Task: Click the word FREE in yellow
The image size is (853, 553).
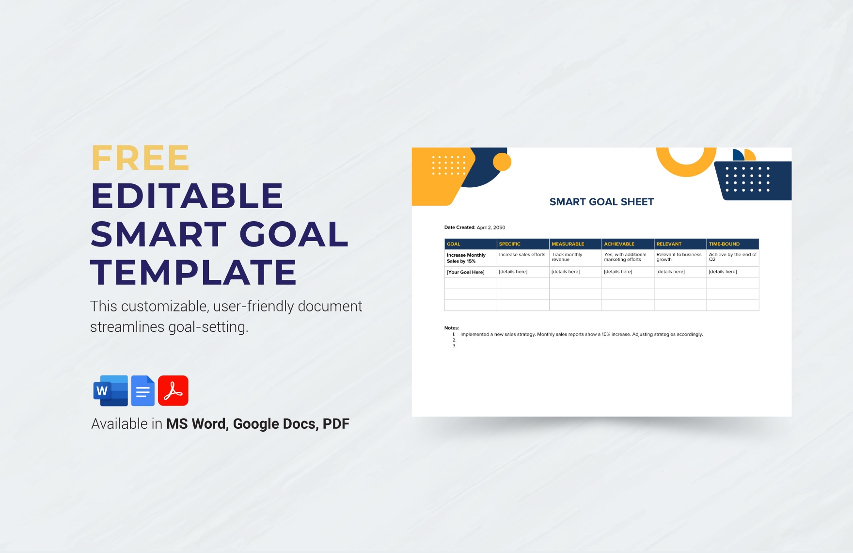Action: tap(140, 158)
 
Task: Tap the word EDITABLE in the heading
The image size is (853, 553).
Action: tap(187, 196)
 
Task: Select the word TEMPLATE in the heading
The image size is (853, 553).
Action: tap(193, 272)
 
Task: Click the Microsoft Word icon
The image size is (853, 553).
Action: tap(111, 390)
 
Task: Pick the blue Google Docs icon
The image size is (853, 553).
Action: tap(143, 390)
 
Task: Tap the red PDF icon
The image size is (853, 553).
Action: tap(173, 390)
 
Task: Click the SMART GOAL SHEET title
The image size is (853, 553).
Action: tap(601, 202)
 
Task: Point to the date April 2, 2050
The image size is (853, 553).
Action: tap(491, 228)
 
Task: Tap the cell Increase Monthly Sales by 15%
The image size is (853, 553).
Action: tap(471, 258)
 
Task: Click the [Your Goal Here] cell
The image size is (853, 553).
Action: tap(471, 272)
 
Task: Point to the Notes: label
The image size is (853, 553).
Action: tap(451, 328)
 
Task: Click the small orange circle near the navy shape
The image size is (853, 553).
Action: tap(502, 162)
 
